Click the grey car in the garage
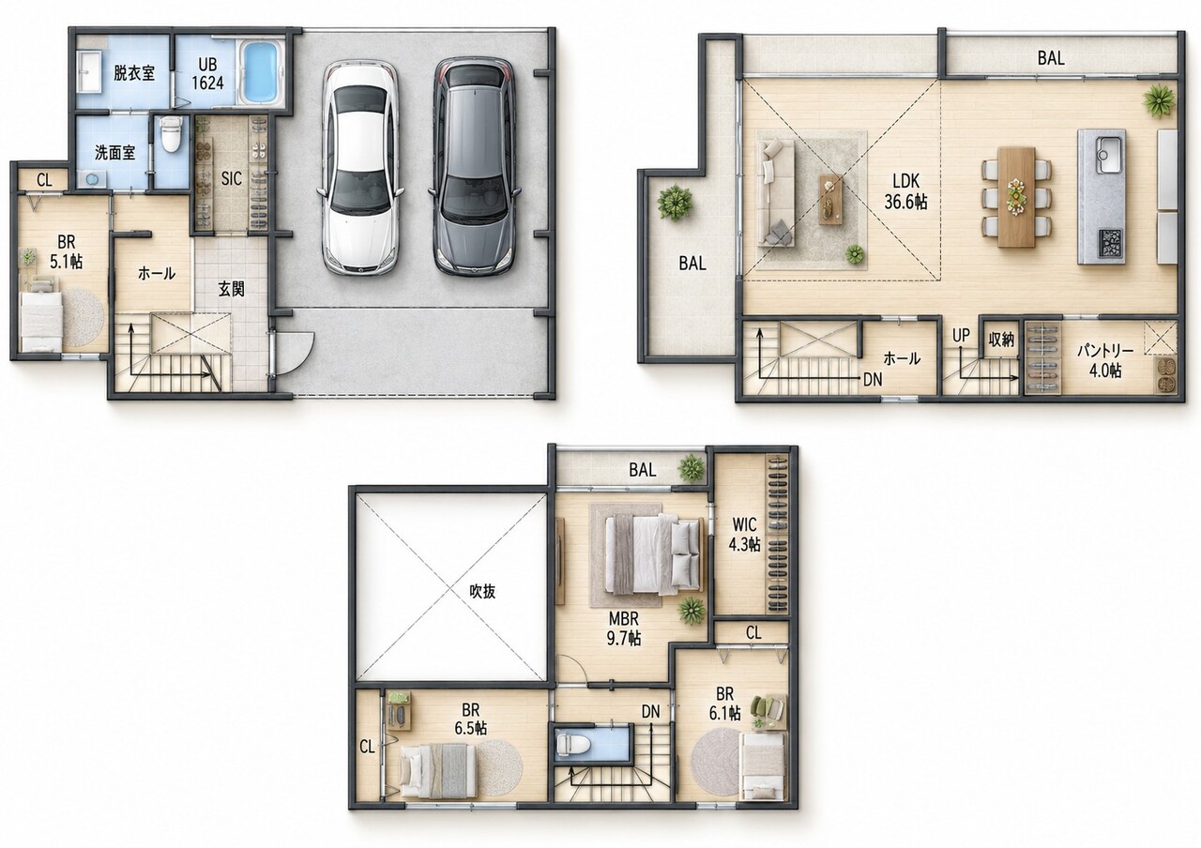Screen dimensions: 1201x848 pos(474,166)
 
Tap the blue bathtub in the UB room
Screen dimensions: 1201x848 pos(261,72)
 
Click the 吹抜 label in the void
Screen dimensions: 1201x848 pos(482,591)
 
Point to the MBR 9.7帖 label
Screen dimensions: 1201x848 pos(624,628)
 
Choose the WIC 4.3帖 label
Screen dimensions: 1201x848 pos(744,534)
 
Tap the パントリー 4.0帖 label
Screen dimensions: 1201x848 pos(1105,360)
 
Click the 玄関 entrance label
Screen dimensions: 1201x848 pos(231,289)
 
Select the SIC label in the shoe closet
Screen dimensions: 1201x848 pos(231,178)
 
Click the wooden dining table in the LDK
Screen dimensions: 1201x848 pos(1016,197)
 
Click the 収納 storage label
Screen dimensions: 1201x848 pos(1001,339)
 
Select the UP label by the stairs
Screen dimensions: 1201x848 pos(962,335)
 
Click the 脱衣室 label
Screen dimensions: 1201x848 pos(133,73)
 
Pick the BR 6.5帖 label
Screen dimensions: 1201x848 pos(471,719)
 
